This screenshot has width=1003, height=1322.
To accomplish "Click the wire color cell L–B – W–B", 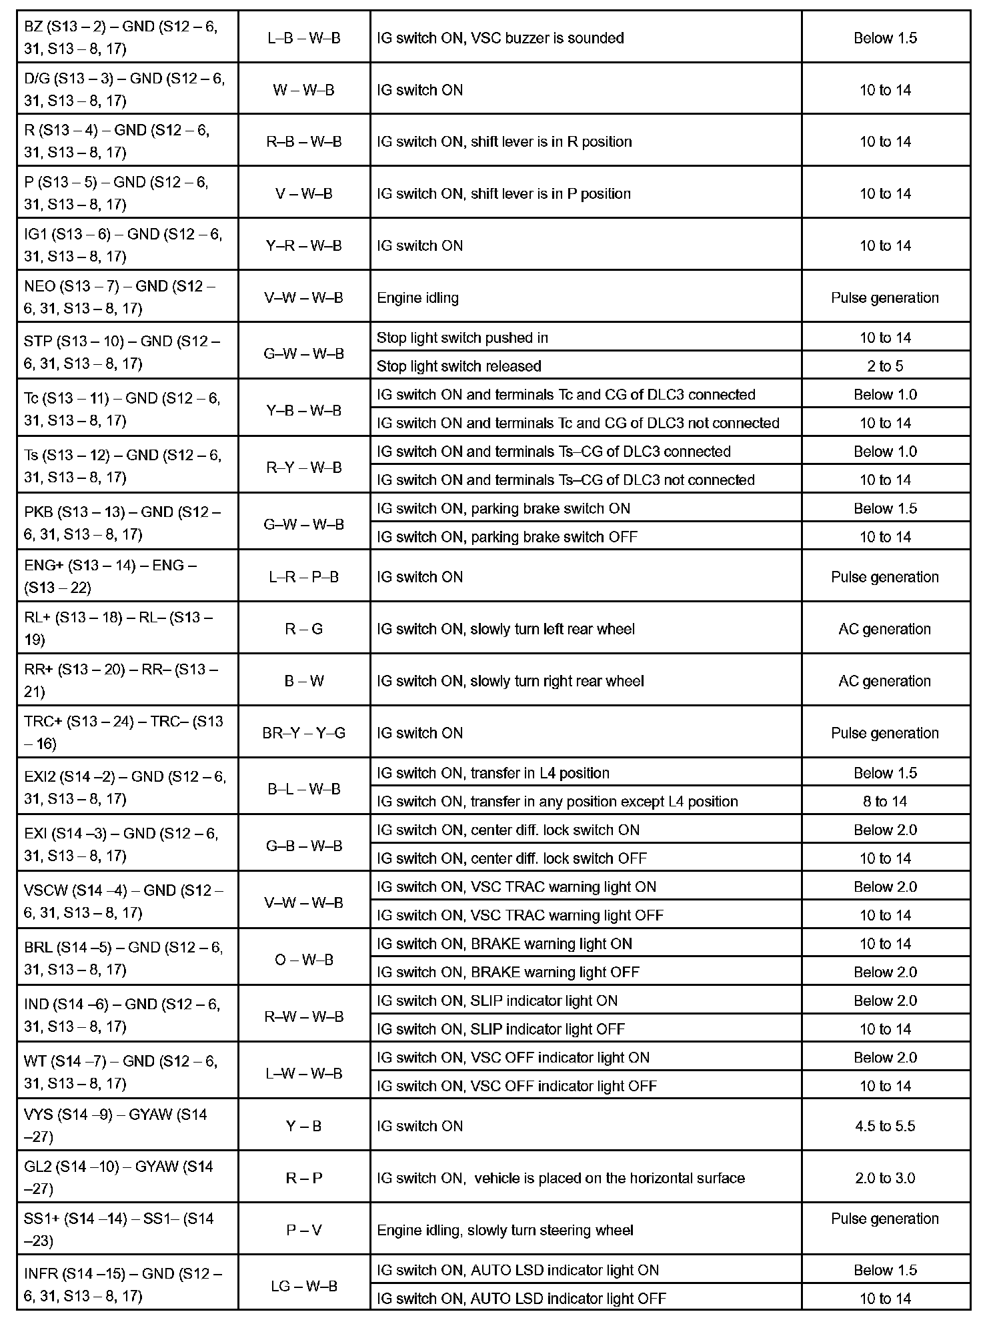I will click(304, 38).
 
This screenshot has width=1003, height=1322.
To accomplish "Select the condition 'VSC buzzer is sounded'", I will click(500, 38).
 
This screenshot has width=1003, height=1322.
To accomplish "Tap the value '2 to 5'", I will click(885, 366).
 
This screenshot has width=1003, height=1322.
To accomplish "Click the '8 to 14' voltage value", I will click(885, 801).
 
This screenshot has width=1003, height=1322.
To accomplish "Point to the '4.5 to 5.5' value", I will click(885, 1126).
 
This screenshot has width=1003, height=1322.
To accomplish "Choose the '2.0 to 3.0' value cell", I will click(885, 1178).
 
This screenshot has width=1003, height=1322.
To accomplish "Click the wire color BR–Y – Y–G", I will click(304, 733).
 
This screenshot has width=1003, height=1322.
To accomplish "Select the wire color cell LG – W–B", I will click(304, 1286).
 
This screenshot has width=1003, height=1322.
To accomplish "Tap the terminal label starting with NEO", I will click(120, 297).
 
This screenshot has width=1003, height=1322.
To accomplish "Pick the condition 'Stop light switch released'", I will click(459, 366).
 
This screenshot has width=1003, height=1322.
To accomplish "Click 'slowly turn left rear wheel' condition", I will click(506, 629).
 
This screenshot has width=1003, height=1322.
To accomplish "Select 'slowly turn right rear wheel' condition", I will click(510, 681).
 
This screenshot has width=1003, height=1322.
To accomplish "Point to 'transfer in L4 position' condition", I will click(493, 773).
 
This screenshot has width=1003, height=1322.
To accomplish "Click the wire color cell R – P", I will click(304, 1178).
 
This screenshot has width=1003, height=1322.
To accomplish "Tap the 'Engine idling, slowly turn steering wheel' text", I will click(505, 1230).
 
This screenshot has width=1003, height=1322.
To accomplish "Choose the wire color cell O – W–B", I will click(304, 960).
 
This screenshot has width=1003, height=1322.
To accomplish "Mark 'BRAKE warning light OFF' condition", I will click(508, 972).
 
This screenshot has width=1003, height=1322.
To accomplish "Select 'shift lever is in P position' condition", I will click(504, 193).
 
